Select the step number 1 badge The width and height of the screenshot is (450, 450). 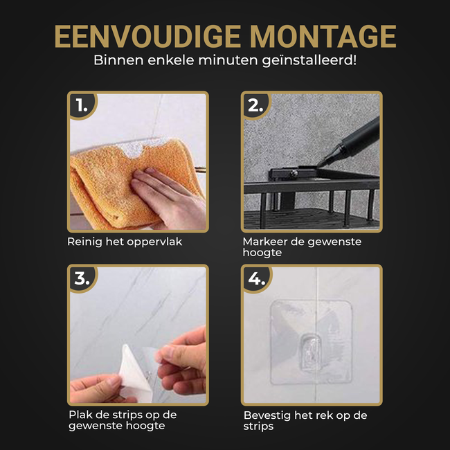(82, 106)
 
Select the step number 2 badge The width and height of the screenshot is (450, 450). (255, 106)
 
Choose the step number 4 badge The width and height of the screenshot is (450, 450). (256, 279)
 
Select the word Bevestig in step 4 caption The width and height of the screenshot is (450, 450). (267, 415)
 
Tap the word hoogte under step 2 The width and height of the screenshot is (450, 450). (261, 253)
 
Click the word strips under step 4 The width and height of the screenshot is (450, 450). (258, 426)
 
